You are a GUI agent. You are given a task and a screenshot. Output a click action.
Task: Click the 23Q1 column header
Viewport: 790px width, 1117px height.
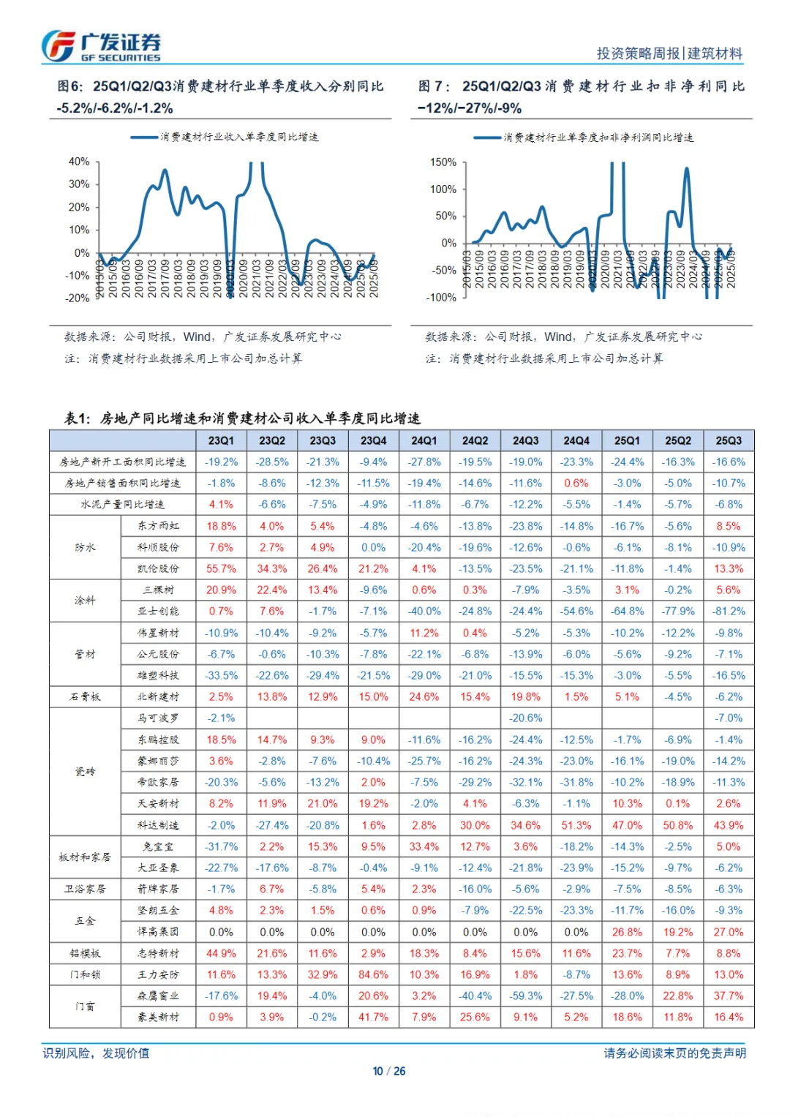pos(221,440)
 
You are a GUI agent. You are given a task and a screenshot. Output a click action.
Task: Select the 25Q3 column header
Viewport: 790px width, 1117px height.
pos(729,440)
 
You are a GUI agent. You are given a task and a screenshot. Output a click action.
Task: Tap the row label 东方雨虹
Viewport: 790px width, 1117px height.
pos(158,526)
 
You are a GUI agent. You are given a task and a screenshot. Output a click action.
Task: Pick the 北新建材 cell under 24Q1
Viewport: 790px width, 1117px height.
pos(424,696)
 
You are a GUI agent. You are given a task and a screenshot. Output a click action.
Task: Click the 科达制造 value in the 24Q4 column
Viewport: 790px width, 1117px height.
pos(576,825)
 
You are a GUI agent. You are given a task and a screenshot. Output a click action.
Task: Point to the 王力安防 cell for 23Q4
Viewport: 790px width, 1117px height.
pos(373,974)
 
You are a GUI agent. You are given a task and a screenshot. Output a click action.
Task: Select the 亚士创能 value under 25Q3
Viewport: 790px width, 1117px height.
pos(729,611)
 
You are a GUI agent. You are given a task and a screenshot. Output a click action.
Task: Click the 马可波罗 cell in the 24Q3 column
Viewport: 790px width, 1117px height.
pos(526,718)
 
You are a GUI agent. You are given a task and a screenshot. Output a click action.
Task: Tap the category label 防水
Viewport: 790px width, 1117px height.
pos(85,547)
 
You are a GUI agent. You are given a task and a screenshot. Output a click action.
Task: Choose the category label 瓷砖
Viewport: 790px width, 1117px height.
pos(85,772)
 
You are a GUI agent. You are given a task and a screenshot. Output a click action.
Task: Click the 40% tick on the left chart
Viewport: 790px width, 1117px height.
pos(79,162)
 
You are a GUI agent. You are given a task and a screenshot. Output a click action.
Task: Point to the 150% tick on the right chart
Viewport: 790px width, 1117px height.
pos(443,162)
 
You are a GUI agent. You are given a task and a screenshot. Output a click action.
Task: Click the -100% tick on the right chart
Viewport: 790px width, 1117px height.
pos(442,298)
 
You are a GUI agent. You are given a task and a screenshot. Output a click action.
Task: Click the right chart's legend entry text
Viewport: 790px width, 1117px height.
pos(598,138)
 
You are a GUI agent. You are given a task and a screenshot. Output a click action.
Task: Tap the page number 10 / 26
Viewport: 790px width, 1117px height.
pos(389,1071)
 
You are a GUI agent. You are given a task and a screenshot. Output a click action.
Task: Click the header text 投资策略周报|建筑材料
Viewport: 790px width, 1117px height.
pos(669,53)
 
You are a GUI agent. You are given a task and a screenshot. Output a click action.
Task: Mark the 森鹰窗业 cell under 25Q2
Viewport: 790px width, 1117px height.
pos(678,996)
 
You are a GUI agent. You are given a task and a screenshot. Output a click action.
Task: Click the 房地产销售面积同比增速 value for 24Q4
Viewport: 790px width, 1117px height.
pos(576,484)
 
